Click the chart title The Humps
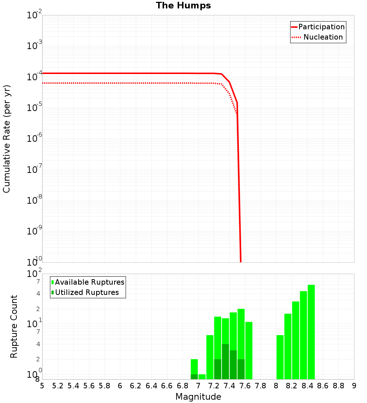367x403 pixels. tap(183, 5)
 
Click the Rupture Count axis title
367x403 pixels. tap(14, 326)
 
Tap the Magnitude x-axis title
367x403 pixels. tap(198, 397)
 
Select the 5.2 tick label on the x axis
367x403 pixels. tap(58, 386)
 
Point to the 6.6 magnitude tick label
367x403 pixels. tap(167, 386)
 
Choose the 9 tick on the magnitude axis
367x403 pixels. tap(354, 386)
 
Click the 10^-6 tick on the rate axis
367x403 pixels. tap(35, 138)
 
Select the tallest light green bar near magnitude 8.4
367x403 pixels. tap(311, 332)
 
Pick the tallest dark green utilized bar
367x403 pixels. tap(225, 361)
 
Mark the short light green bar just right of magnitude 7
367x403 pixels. tap(202, 377)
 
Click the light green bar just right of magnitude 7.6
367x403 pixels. tap(249, 350)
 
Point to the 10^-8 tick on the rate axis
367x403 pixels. tap(35, 200)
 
